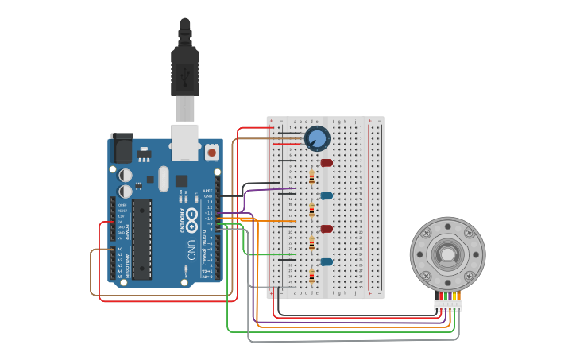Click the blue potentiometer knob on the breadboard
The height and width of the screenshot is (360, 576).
tap(317, 138)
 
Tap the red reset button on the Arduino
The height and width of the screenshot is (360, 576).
tap(212, 150)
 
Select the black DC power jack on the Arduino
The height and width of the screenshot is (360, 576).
tap(122, 148)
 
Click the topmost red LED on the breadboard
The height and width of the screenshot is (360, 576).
tap(327, 163)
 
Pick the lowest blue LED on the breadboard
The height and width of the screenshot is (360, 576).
tap(327, 261)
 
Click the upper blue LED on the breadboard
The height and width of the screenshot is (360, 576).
tap(327, 195)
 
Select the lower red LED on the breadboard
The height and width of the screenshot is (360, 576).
tap(327, 229)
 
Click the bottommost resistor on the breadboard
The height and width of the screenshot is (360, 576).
tap(311, 277)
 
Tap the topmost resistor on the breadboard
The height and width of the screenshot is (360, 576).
tap(311, 177)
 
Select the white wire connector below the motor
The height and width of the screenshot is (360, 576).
tap(447, 305)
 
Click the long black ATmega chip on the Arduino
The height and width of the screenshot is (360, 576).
tap(143, 239)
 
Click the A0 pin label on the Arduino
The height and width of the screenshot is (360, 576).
tap(120, 249)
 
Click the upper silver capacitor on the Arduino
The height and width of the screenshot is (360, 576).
tap(125, 175)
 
